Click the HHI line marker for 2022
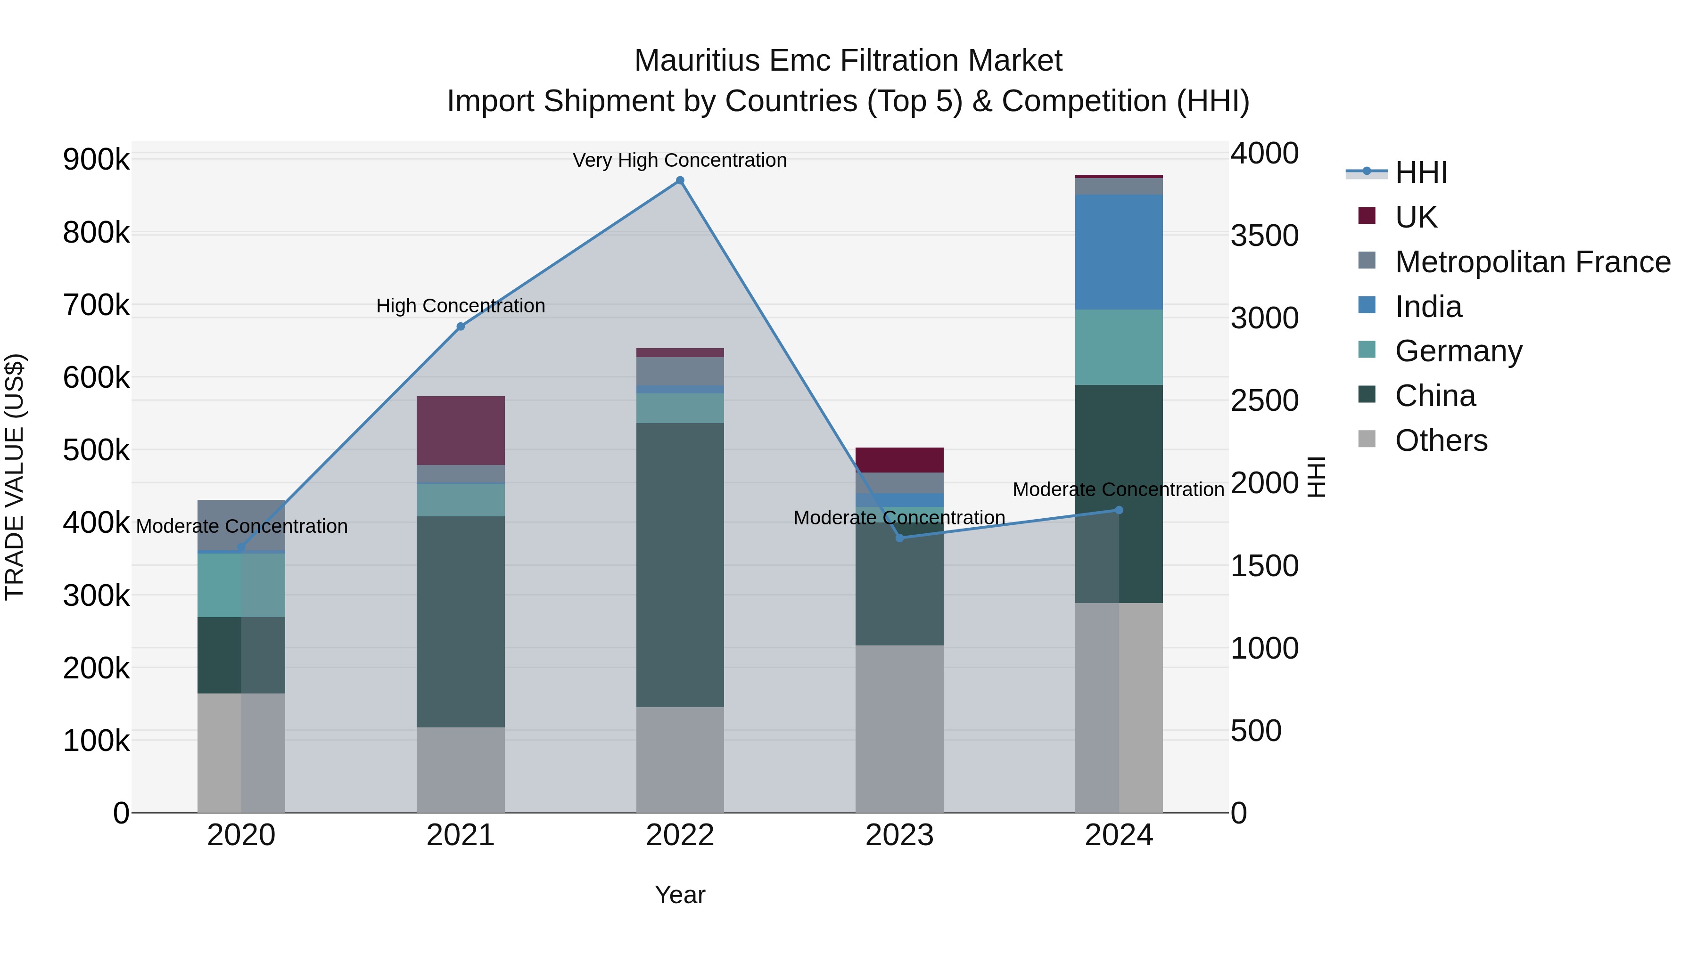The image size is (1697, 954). click(680, 180)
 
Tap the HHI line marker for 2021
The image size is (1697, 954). click(461, 326)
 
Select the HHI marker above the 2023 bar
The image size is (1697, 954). click(900, 538)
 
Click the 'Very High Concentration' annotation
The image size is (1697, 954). click(679, 160)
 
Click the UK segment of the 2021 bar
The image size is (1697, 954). click(461, 431)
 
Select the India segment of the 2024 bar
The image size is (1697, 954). click(1119, 252)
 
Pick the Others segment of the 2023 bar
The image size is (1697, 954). click(899, 728)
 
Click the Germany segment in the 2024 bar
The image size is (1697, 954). click(1119, 347)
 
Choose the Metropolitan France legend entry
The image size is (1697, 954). click(1532, 262)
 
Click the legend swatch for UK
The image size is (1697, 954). click(1367, 216)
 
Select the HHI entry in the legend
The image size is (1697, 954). click(1420, 172)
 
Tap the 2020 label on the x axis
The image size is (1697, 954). click(241, 835)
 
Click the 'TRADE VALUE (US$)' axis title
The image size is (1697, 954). click(15, 477)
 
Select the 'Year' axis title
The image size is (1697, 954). click(680, 895)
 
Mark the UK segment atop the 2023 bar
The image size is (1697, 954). click(899, 459)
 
